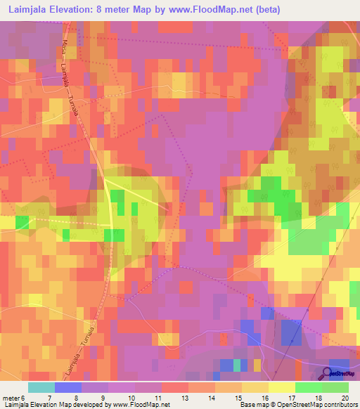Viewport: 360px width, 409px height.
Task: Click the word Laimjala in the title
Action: tap(27, 10)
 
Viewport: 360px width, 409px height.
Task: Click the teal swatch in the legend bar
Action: tap(41, 387)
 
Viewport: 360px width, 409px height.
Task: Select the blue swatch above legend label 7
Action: tap(68, 387)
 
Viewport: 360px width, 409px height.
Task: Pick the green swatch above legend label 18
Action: tap(309, 387)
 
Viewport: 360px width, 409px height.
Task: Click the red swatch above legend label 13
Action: tap(174, 387)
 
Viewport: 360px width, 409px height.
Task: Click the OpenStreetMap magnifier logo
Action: tap(327, 373)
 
